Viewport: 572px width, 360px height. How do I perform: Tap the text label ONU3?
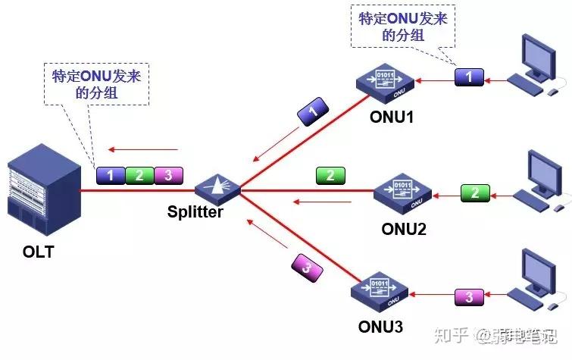point(381,327)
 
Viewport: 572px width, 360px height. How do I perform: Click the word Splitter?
point(195,212)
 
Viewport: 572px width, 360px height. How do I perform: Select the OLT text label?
point(39,252)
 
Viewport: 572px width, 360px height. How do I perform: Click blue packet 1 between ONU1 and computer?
point(468,76)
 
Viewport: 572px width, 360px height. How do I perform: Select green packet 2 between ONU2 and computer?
point(474,193)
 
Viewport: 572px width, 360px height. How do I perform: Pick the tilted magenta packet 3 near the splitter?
point(305,268)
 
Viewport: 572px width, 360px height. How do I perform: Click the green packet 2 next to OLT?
point(139,176)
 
